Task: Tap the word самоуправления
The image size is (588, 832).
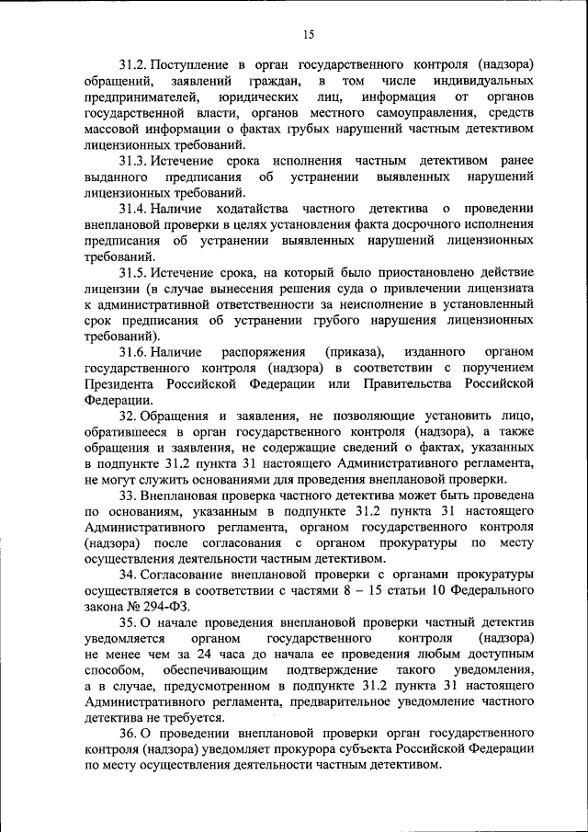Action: click(391, 113)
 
